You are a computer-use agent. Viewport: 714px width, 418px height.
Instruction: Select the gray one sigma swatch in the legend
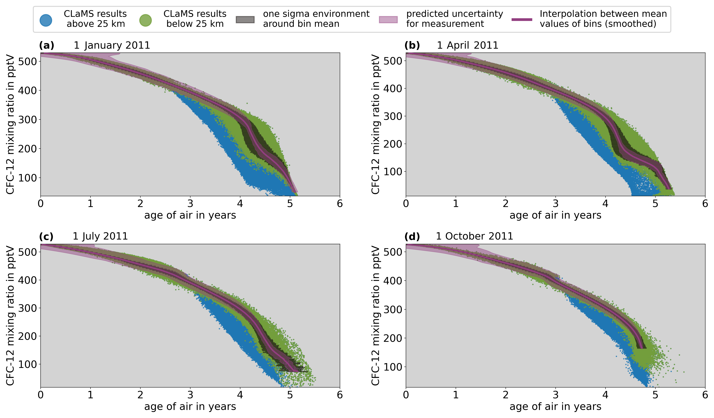point(245,20)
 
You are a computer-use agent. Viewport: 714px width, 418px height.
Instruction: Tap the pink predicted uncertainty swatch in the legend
point(388,20)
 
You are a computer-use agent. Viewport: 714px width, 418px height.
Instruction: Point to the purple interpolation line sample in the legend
point(522,20)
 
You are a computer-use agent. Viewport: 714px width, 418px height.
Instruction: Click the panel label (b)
point(412,45)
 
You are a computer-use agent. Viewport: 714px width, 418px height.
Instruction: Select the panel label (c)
point(46,236)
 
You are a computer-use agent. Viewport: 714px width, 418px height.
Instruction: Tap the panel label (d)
point(412,236)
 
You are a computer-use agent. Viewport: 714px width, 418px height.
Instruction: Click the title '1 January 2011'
point(112,45)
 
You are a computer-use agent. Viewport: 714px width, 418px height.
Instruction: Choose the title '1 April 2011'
point(467,45)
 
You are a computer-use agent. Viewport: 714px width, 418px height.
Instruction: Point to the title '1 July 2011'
point(100,236)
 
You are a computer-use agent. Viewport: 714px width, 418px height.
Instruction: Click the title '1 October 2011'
point(475,236)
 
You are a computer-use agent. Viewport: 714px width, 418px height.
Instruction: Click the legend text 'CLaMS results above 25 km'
point(95,19)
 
